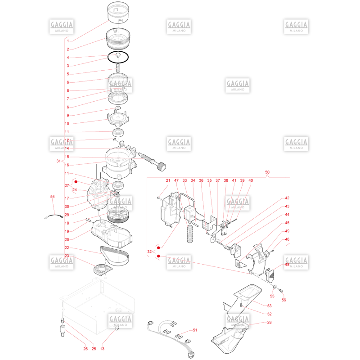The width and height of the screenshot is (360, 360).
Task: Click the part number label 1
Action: (x=68, y=41)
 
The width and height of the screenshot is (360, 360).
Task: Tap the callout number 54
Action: (x=53, y=197)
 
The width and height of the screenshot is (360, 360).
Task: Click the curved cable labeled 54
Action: (x=54, y=216)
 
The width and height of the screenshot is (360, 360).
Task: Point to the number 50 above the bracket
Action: (x=267, y=172)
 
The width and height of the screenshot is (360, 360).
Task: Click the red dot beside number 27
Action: (x=76, y=182)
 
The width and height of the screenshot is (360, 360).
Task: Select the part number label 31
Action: (x=58, y=161)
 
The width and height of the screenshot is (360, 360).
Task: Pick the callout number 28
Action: (x=269, y=322)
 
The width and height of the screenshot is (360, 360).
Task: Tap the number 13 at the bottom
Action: (x=102, y=349)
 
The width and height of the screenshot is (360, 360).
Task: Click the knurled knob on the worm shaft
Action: (x=162, y=166)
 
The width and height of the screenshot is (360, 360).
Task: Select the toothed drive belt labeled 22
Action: (x=115, y=256)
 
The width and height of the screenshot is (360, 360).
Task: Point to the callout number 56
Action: (x=284, y=300)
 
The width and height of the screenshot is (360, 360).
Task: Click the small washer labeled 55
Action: (x=275, y=287)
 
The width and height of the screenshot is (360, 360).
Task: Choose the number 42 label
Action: (x=287, y=198)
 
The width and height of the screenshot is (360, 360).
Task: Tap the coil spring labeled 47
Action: (x=190, y=234)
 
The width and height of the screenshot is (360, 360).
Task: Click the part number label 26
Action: (x=85, y=349)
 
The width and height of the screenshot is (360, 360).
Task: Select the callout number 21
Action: (x=168, y=180)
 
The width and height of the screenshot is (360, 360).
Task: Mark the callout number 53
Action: (x=269, y=306)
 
